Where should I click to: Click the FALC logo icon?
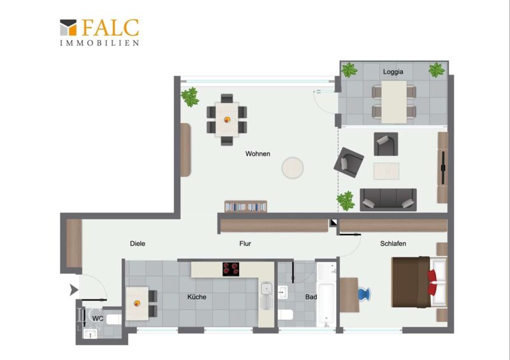68,27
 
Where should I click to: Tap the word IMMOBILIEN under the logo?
99,43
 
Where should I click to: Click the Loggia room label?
393,72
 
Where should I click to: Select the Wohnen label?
258,154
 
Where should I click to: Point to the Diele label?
138,243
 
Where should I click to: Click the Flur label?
245,243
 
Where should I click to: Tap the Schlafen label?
393,243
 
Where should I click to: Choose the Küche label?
197,297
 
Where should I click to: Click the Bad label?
311,297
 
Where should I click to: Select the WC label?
98,319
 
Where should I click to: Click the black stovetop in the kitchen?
231,270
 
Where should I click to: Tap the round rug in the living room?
293,168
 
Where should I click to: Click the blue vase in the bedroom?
364,294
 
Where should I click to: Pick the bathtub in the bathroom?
326,305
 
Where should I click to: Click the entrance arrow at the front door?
74,289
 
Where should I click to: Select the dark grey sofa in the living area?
388,199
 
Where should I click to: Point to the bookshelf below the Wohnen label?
246,206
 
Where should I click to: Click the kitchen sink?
266,289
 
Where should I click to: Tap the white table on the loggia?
394,102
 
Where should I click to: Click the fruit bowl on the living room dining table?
228,119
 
